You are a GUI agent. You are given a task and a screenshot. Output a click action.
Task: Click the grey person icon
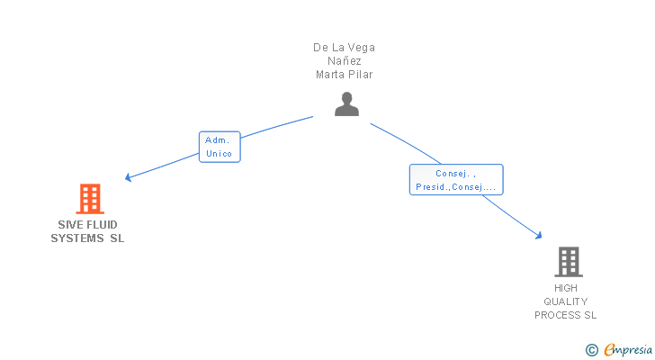(346, 104)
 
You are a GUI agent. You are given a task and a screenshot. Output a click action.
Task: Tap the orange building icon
(89, 198)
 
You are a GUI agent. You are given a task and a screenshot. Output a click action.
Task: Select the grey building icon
(568, 261)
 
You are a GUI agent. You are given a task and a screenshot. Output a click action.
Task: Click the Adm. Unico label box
(219, 147)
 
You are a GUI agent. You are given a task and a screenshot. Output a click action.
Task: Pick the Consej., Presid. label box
(455, 180)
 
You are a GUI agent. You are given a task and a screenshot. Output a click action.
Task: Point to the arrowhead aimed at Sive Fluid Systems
(128, 177)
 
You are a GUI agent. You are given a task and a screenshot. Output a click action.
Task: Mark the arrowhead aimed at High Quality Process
(539, 236)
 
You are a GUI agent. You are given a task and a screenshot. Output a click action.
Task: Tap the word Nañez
(345, 61)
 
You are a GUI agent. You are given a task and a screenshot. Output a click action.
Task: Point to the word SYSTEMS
(77, 238)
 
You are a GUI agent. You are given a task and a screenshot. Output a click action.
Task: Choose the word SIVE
(69, 225)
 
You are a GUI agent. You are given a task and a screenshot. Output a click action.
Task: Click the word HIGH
(566, 288)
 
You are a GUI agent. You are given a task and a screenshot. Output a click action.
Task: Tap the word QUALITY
(566, 301)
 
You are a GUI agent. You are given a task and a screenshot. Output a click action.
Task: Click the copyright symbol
(591, 349)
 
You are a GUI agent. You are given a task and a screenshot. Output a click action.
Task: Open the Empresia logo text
(628, 349)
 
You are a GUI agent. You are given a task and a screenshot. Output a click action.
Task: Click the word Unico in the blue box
(219, 154)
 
